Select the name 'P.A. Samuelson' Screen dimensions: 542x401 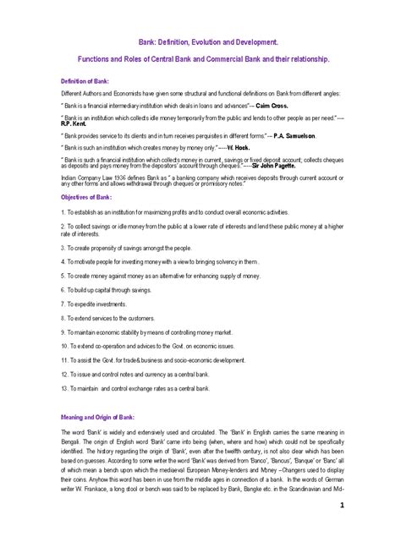click(x=286, y=134)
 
